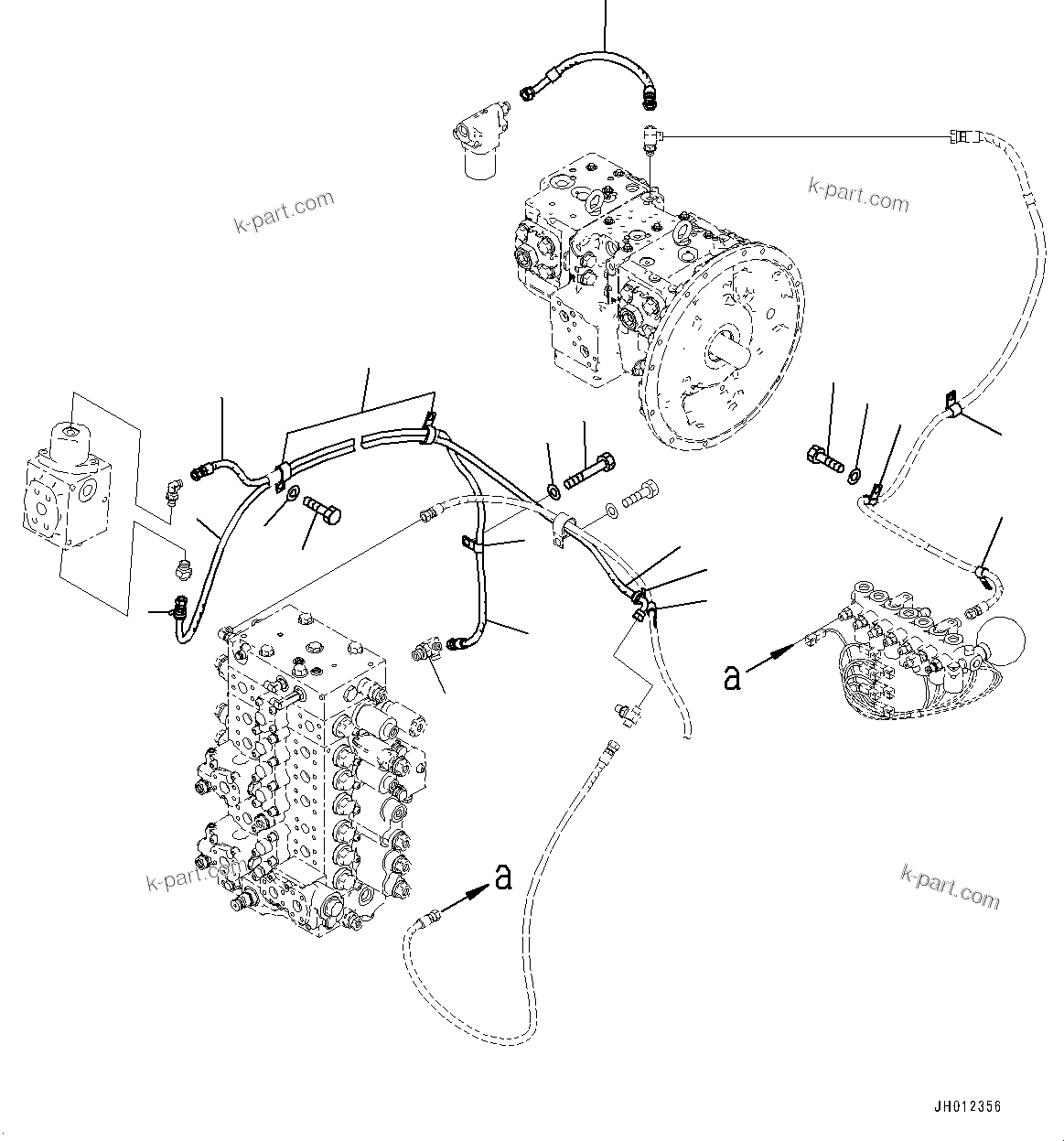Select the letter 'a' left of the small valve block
coord(731,677)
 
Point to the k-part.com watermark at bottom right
coord(951,885)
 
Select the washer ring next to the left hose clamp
coord(291,495)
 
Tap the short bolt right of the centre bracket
coord(639,496)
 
